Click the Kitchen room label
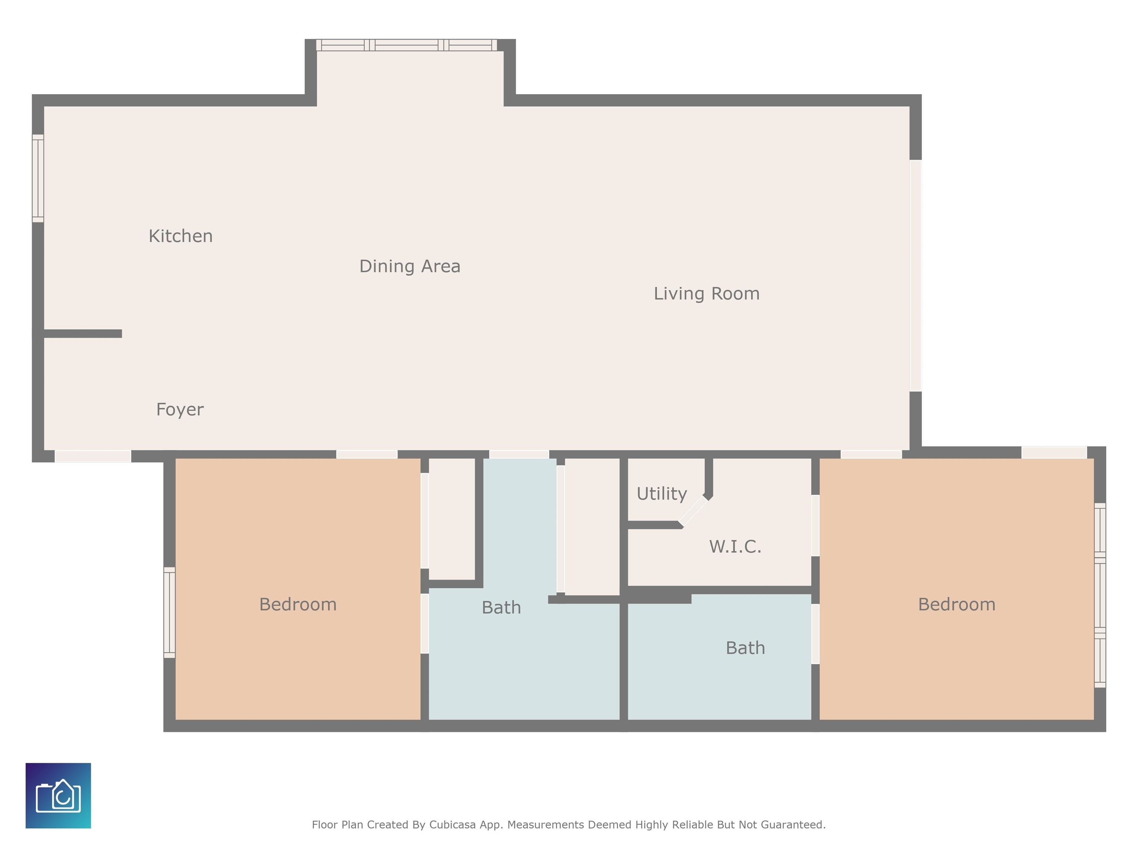[x=180, y=236]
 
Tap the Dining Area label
[x=409, y=266]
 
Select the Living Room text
[x=706, y=294]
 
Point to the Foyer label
[x=180, y=410]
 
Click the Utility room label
[x=662, y=494]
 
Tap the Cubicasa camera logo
[x=58, y=796]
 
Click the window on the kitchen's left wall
[x=38, y=178]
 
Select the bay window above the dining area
[x=406, y=45]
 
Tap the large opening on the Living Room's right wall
[x=915, y=276]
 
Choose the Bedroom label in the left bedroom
[x=298, y=604]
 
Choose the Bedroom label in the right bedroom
[x=957, y=604]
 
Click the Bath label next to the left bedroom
[x=501, y=608]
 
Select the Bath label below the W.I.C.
[x=745, y=648]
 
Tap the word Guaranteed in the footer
[x=793, y=825]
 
